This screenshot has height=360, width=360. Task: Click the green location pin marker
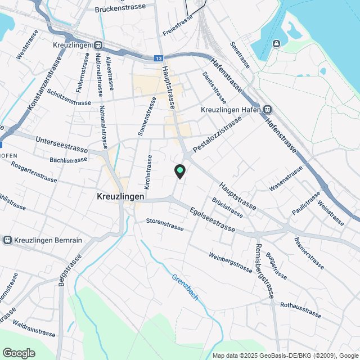179,170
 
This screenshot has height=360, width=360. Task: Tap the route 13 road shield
160,58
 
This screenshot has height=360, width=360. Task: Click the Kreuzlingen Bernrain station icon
8,240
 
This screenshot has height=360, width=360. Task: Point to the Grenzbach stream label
186,287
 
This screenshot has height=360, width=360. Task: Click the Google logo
19,353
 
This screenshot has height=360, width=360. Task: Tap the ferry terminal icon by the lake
277,44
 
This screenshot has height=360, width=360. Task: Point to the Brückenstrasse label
120,8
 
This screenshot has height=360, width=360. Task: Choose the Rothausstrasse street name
300,309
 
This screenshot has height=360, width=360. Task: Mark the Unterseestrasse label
61,144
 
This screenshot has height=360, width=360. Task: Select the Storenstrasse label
165,224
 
